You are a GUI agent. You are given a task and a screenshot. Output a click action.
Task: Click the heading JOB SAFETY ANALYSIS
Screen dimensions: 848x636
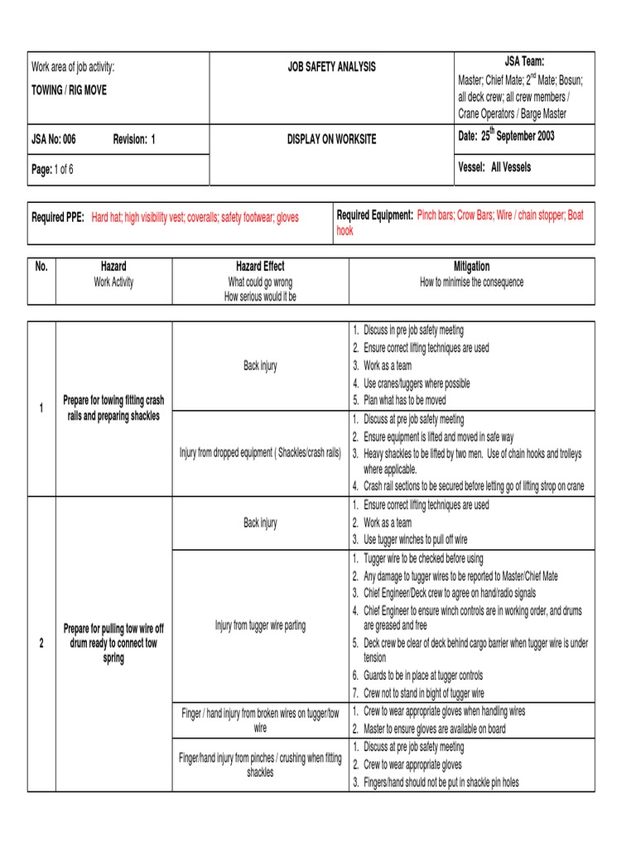[x=331, y=66]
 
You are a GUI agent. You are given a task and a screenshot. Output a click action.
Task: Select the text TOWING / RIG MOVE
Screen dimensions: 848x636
[x=69, y=89]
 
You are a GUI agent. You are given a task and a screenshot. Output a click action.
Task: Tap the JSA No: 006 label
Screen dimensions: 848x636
[x=53, y=139]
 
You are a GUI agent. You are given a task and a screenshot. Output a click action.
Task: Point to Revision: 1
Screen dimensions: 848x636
[x=134, y=139]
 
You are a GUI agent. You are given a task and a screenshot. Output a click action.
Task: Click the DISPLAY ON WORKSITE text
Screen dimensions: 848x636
[x=331, y=139]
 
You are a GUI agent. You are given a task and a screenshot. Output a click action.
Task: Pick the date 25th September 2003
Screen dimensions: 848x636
[x=506, y=136]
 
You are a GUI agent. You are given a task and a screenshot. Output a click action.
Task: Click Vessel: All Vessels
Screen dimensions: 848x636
[x=494, y=167]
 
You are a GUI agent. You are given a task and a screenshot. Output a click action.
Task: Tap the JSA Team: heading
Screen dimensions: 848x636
[x=524, y=61]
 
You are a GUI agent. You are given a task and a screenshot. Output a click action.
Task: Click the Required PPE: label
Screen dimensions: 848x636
[x=58, y=218]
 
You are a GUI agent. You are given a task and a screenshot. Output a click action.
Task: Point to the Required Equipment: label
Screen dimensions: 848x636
[x=375, y=215]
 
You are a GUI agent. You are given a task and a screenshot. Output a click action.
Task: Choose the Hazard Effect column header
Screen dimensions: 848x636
[x=260, y=267]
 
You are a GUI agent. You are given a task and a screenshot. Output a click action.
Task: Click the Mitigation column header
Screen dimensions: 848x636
[x=471, y=267]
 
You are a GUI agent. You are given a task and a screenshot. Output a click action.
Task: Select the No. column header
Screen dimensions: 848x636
[x=41, y=267]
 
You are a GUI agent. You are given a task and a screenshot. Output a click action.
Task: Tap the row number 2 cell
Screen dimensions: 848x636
[x=41, y=643]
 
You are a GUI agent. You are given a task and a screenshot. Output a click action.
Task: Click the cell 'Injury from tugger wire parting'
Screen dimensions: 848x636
[x=260, y=625]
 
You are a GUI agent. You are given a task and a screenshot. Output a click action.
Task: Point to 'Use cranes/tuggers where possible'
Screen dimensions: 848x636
[x=417, y=383]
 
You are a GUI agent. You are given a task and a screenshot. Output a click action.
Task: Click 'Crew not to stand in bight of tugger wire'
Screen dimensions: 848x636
[x=423, y=693]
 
